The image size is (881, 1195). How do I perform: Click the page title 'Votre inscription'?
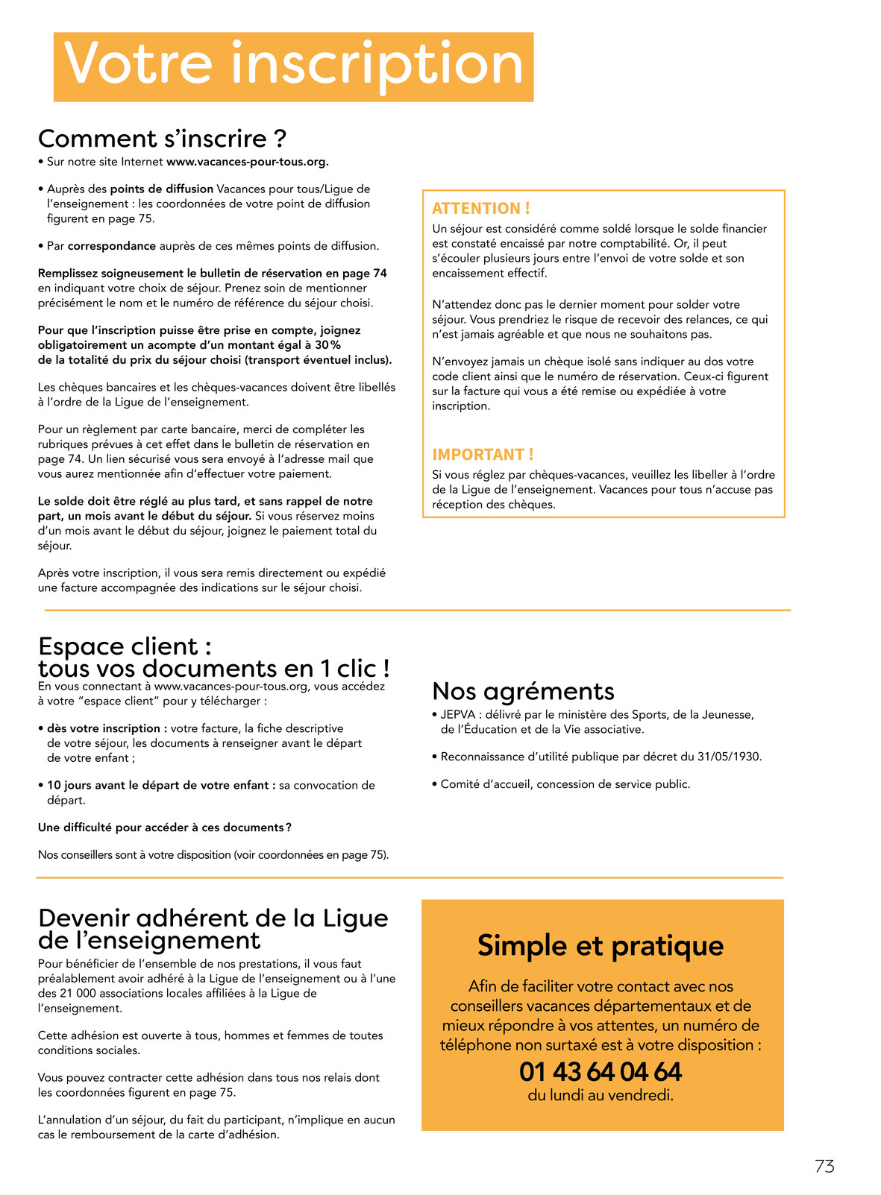click(x=293, y=66)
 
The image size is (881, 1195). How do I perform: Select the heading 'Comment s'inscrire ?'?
click(x=162, y=139)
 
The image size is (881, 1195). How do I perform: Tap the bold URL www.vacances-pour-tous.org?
click(x=247, y=162)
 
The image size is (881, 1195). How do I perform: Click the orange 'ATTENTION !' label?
click(x=480, y=209)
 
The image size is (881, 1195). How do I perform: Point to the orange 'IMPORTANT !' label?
click(x=483, y=455)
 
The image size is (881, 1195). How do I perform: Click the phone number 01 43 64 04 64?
click(x=601, y=1072)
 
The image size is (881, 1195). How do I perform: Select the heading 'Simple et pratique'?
click(x=601, y=945)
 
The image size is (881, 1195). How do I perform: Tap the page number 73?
click(x=824, y=1167)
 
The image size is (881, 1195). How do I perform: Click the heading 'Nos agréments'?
click(x=523, y=691)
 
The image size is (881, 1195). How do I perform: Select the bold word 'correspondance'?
click(x=112, y=246)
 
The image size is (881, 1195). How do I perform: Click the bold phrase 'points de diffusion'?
click(x=162, y=189)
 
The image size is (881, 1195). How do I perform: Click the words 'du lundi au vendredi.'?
click(x=601, y=1096)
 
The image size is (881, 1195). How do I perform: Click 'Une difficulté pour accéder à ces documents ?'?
click(x=164, y=827)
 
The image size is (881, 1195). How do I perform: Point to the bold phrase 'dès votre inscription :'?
click(x=107, y=728)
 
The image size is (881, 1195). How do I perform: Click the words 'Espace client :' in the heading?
click(x=125, y=646)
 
